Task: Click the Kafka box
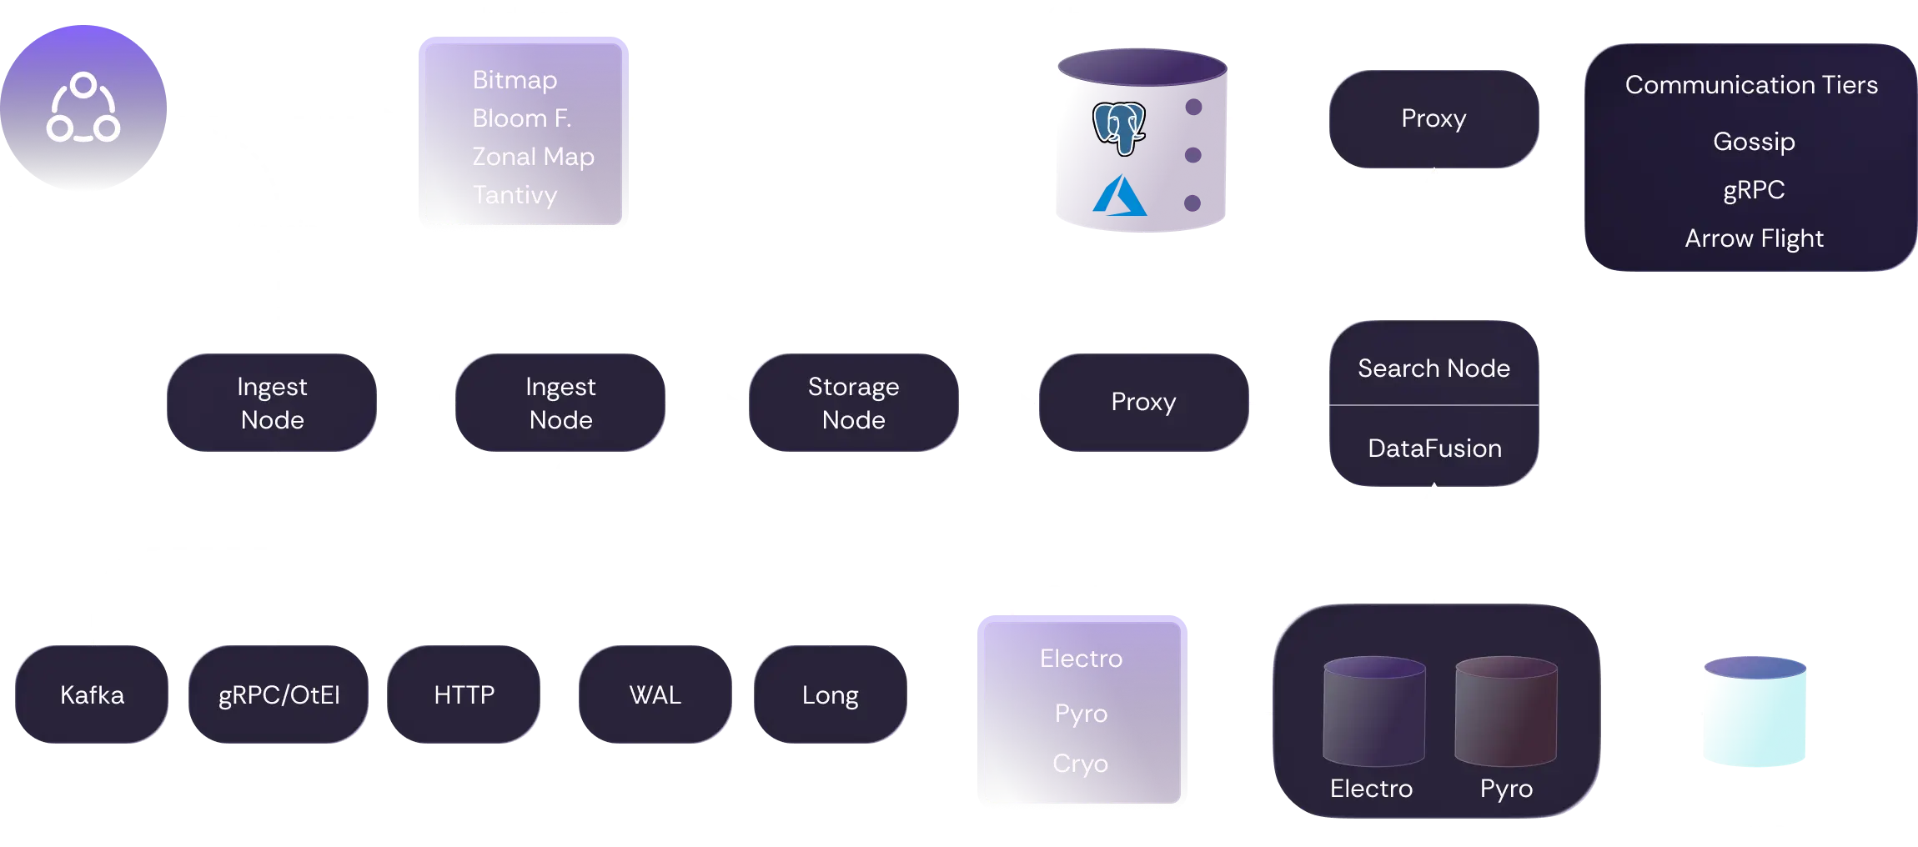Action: point(92,694)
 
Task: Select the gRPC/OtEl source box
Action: point(279,694)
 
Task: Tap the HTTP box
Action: point(464,694)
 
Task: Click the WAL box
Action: point(655,694)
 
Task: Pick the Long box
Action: point(830,694)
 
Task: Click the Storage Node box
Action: point(853,403)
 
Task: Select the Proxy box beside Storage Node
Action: point(1143,403)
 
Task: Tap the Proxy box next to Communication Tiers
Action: point(1433,119)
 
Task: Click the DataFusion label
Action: point(1434,449)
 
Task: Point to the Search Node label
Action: point(1433,368)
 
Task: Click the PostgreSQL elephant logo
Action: point(1119,128)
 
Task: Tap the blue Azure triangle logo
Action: point(1120,196)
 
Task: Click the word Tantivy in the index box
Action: point(515,195)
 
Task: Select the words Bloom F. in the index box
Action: point(521,118)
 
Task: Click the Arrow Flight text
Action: point(1754,238)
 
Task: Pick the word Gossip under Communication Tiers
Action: point(1754,142)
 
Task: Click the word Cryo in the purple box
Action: point(1080,763)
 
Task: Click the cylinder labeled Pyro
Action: point(1506,711)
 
